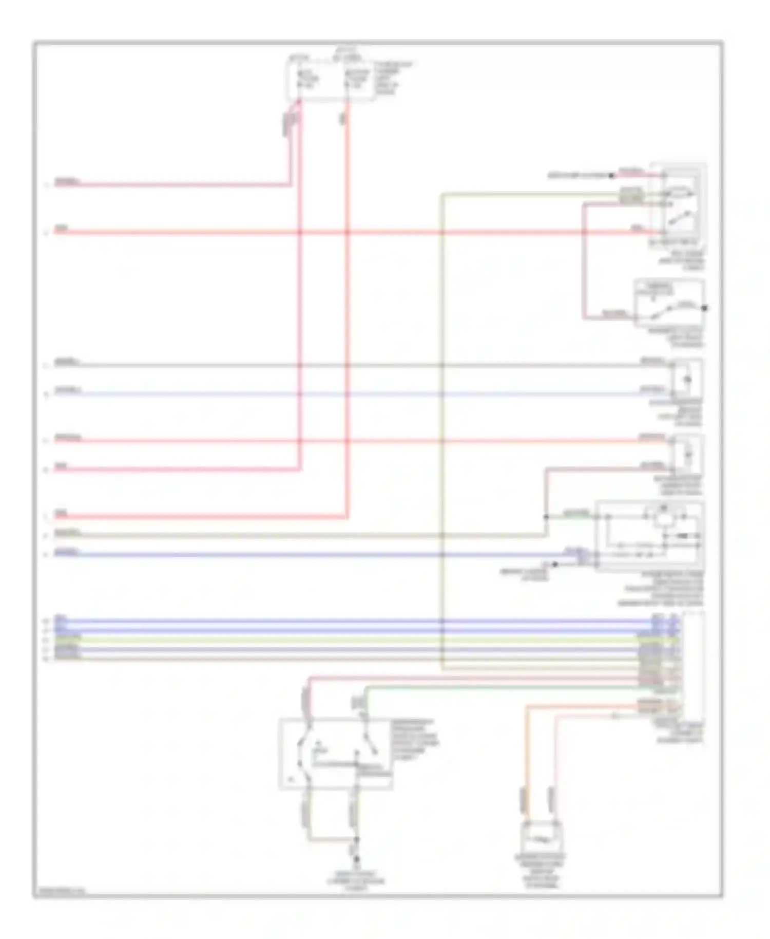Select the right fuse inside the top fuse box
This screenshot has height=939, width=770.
click(x=355, y=80)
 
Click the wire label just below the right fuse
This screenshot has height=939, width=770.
click(x=342, y=119)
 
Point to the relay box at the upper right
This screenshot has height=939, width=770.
click(x=679, y=206)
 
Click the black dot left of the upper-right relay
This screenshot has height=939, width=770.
click(x=611, y=176)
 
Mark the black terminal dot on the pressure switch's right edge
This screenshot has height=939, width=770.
click(x=704, y=308)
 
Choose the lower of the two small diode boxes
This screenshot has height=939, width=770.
click(x=687, y=454)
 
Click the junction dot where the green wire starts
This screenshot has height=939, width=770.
click(x=546, y=517)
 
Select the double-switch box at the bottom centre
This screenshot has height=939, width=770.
click(x=335, y=753)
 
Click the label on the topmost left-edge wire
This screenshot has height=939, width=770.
click(x=67, y=182)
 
